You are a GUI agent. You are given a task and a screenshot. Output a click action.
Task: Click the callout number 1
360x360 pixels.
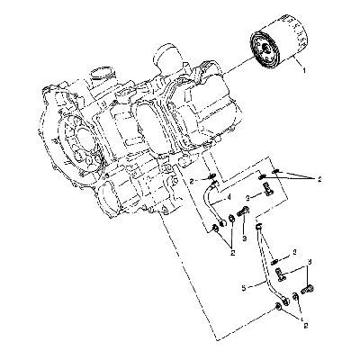(x=304, y=71)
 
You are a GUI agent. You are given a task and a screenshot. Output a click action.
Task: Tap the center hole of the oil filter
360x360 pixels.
(x=265, y=48)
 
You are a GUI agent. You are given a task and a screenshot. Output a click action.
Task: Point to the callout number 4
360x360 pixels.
(x=229, y=198)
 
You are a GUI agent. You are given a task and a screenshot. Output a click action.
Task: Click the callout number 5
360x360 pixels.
(x=244, y=288)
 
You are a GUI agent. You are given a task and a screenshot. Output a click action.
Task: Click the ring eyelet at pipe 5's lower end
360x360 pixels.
(x=285, y=299)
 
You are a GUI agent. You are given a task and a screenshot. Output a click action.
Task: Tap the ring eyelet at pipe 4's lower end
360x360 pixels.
(x=223, y=222)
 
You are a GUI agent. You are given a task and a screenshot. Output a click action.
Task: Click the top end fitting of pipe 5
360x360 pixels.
(x=259, y=227)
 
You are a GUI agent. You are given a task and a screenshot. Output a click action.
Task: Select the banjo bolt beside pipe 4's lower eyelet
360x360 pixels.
(x=243, y=211)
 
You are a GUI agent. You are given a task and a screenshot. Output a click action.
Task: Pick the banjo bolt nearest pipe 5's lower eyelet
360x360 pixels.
(x=309, y=290)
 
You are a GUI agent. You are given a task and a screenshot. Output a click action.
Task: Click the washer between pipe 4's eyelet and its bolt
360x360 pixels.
(x=232, y=218)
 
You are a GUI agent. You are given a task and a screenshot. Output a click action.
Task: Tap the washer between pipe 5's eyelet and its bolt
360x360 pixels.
(x=296, y=296)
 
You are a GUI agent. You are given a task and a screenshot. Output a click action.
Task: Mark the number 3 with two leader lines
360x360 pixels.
(x=310, y=262)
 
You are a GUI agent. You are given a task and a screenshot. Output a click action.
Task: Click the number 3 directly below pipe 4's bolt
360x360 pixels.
(x=245, y=238)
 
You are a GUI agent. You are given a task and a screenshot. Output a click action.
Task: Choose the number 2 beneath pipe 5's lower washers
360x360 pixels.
(x=306, y=325)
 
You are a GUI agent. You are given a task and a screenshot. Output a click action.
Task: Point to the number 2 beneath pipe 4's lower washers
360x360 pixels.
(x=232, y=253)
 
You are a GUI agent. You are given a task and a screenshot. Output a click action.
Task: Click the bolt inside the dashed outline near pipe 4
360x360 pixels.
(x=268, y=190)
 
